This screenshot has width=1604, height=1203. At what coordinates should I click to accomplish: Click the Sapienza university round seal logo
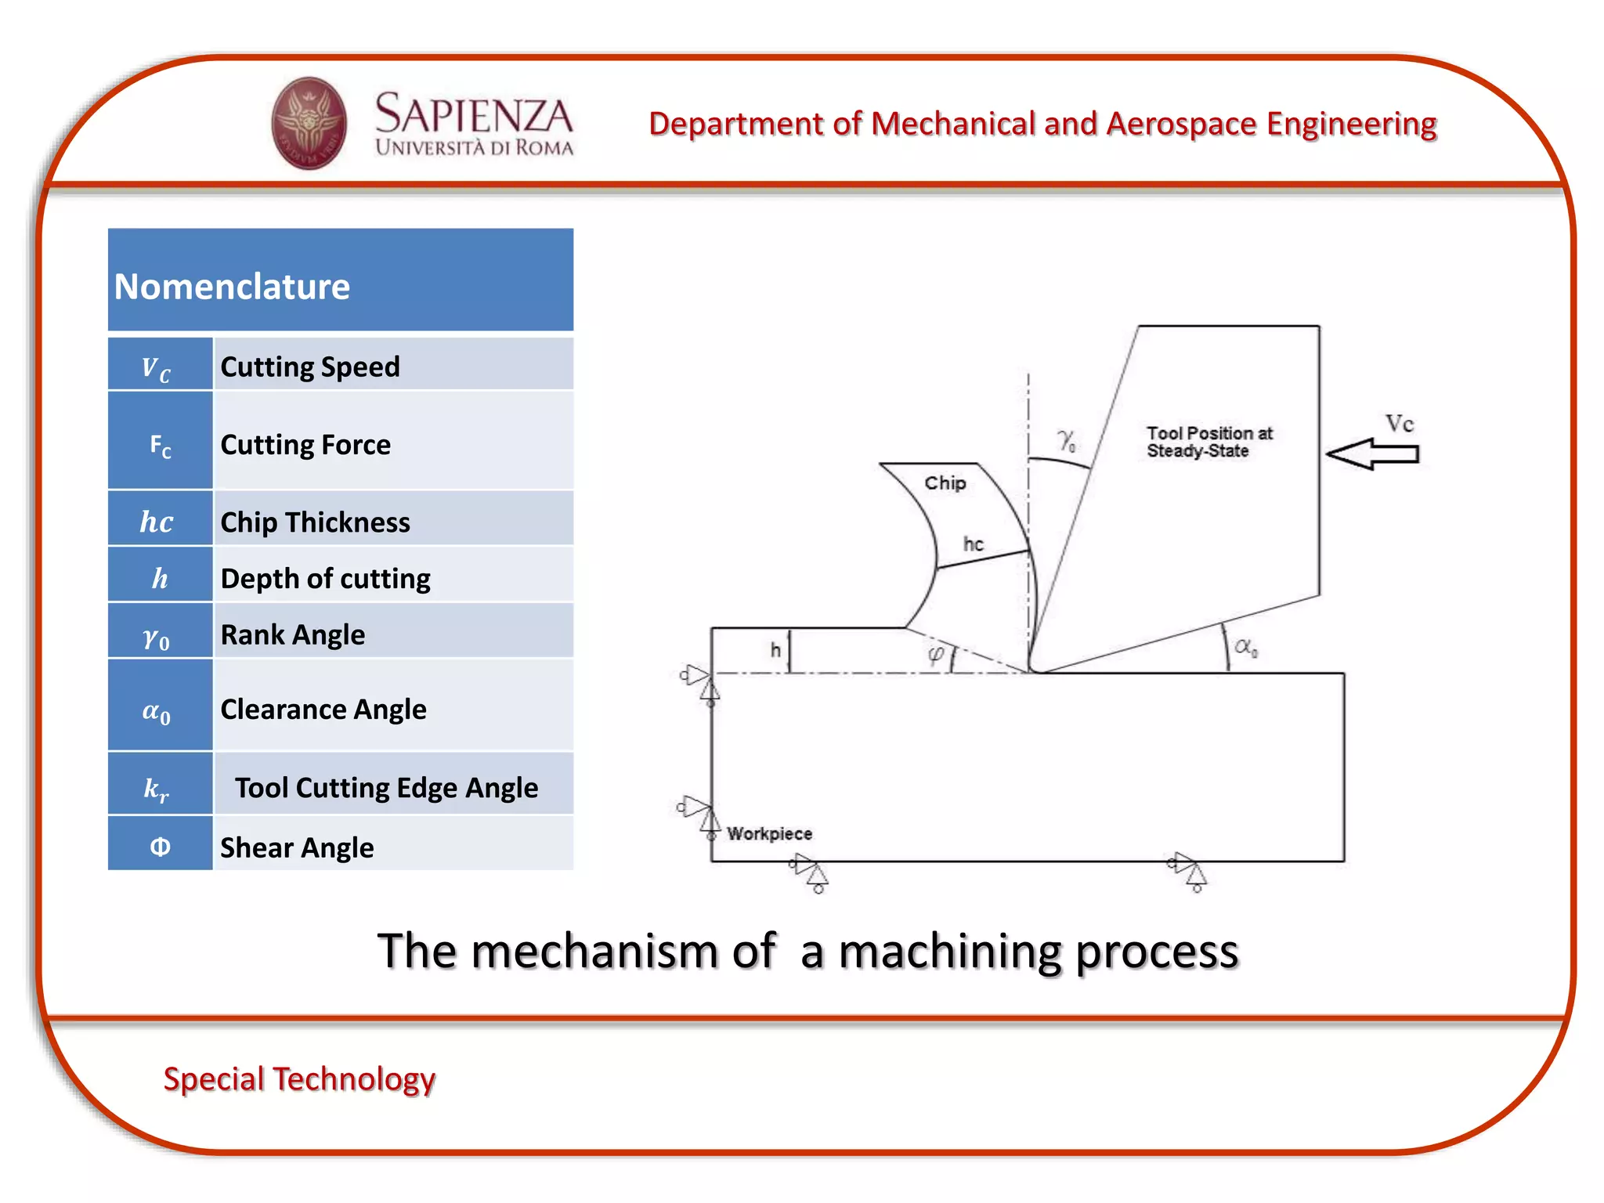[309, 123]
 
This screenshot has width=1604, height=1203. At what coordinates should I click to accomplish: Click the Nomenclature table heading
[232, 287]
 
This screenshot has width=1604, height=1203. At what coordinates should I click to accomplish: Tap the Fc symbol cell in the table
[160, 445]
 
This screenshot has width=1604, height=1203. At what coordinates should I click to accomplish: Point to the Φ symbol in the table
[160, 847]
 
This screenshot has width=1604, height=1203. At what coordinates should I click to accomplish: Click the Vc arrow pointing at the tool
[1372, 454]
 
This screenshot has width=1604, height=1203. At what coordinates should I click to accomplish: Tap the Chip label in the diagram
[945, 483]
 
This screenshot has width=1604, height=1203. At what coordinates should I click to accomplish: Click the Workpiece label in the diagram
[769, 834]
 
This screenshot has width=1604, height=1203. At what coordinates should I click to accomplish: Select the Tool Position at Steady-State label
[1208, 442]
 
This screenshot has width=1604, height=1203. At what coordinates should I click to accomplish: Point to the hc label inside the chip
[973, 544]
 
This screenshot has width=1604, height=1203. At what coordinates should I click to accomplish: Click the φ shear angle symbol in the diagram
[936, 654]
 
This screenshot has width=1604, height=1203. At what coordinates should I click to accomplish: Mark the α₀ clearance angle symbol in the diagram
[1245, 647]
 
